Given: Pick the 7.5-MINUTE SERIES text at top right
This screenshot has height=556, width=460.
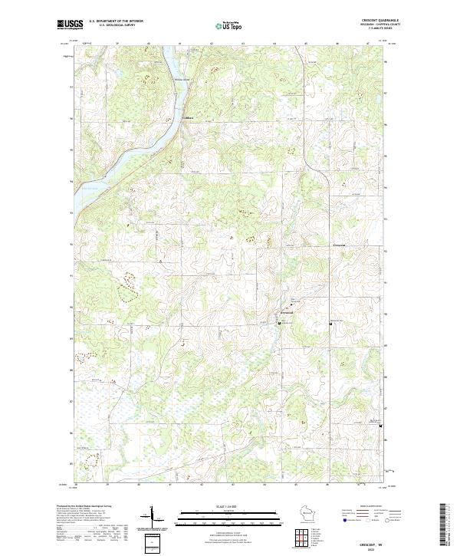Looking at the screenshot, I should (x=386, y=28).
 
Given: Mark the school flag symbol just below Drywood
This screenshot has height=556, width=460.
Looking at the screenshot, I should (x=279, y=324).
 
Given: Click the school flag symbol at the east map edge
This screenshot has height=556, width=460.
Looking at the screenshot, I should (x=392, y=426).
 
